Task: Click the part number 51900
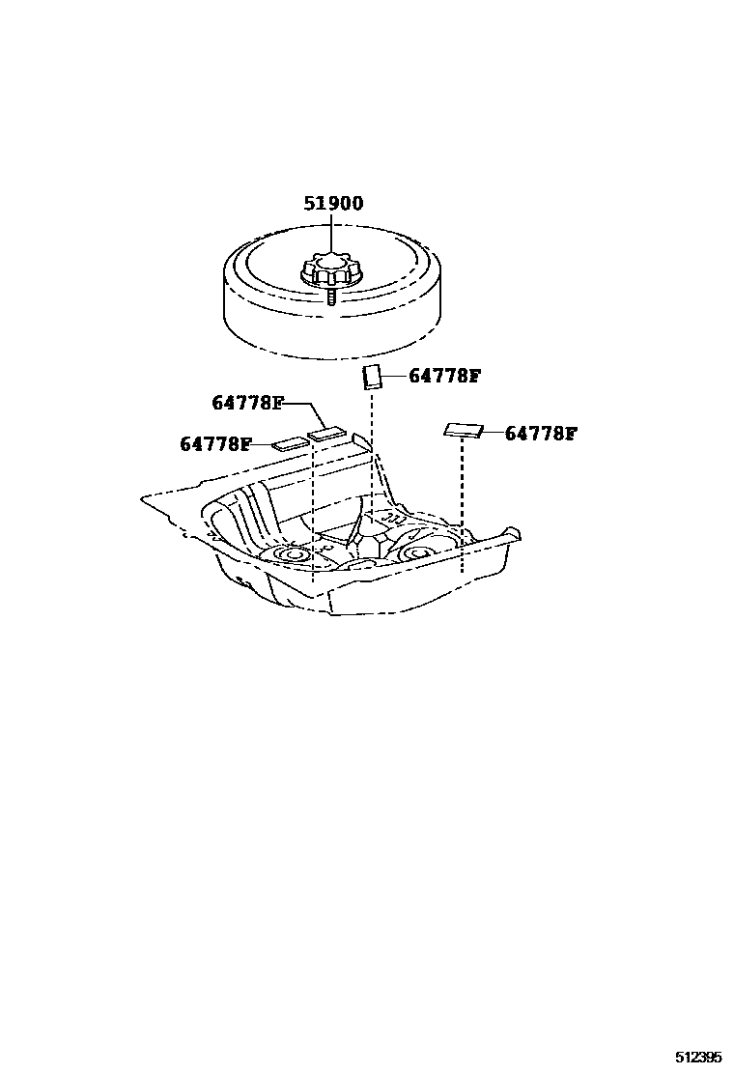tap(333, 204)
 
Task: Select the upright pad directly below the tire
tap(372, 377)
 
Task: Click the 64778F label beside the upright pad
tap(444, 376)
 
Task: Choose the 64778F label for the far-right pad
tap(540, 434)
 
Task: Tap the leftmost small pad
tap(289, 444)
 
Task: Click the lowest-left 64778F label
tap(215, 444)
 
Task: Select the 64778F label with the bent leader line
tap(247, 403)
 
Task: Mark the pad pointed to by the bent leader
tap(325, 433)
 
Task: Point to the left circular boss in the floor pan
tap(291, 555)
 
